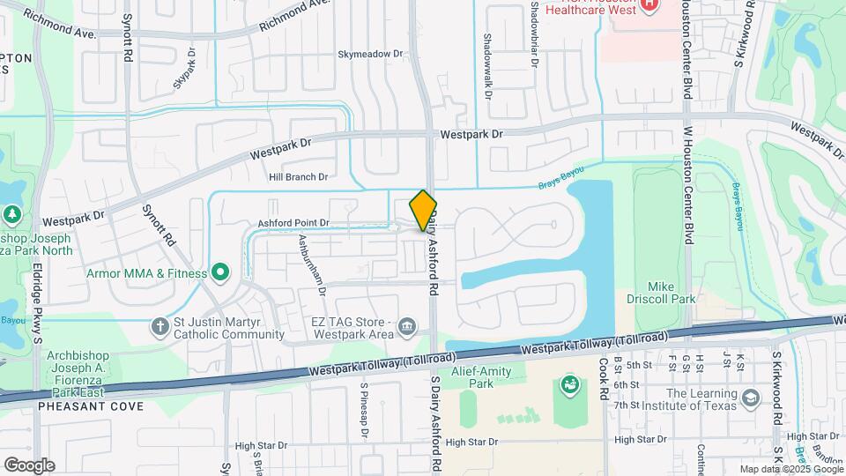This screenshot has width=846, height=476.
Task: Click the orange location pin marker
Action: point(423,211)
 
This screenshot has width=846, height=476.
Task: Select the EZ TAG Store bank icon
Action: point(406,328)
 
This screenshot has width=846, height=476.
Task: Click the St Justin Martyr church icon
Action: point(160,327)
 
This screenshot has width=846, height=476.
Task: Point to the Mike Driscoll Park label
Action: point(672,293)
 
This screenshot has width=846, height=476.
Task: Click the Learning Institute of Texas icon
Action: point(750,398)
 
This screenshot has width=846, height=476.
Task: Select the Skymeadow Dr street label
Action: point(370,54)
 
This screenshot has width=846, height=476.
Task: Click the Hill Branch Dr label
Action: point(298,177)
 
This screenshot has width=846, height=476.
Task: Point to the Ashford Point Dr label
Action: point(293,224)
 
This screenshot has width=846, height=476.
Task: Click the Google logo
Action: point(28,465)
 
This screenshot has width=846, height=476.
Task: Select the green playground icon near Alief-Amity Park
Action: point(568,384)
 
